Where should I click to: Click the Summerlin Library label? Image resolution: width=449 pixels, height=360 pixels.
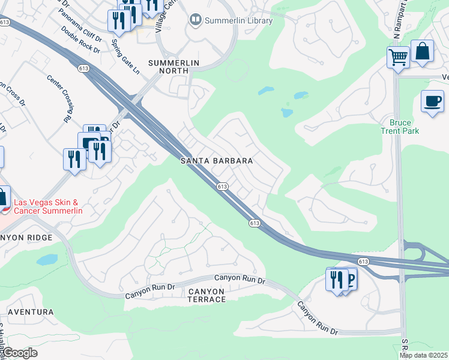(238, 21)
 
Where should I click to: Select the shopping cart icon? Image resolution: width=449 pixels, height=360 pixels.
(398, 58)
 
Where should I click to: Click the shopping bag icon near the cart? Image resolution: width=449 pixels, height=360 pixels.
(423, 52)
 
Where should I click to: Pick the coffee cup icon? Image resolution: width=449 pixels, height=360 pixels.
(432, 101)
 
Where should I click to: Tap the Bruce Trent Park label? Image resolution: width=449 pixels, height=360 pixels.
(400, 127)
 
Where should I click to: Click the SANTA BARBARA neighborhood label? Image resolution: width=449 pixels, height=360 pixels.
(217, 161)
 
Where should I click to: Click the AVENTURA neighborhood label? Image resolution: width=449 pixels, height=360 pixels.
(31, 313)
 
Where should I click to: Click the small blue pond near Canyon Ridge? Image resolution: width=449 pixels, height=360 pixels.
(47, 260)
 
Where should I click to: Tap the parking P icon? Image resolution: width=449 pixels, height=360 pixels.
(348, 278)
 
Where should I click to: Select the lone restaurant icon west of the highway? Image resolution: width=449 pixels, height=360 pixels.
(74, 159)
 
